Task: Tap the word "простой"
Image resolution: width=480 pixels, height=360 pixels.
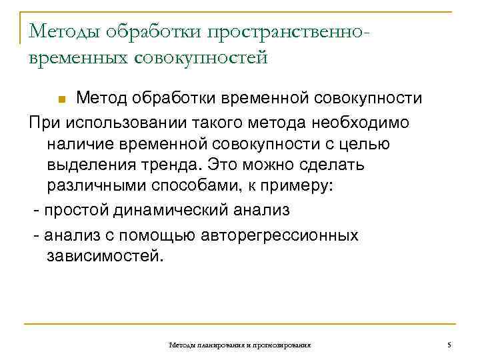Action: (72, 211)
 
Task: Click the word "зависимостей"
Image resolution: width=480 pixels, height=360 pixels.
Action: (103, 257)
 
